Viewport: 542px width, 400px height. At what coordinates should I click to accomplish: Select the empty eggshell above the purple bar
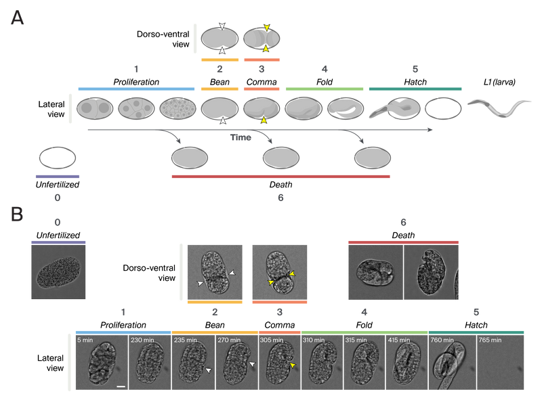[57, 158]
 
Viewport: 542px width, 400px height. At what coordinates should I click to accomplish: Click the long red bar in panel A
[280, 177]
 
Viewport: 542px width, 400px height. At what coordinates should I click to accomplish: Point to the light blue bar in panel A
[136, 89]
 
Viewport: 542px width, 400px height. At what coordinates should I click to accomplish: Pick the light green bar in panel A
[325, 89]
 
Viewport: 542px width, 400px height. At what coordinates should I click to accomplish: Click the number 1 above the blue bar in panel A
[136, 69]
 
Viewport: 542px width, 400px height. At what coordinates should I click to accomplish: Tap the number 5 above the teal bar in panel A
[415, 69]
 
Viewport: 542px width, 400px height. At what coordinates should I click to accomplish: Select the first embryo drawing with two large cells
[94, 108]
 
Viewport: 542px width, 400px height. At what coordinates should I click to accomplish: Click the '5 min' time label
[85, 340]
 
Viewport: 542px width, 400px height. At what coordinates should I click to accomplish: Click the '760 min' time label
[442, 340]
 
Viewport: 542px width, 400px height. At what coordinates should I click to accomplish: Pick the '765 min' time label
[491, 340]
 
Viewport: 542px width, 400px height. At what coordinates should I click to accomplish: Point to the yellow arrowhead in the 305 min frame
[292, 365]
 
